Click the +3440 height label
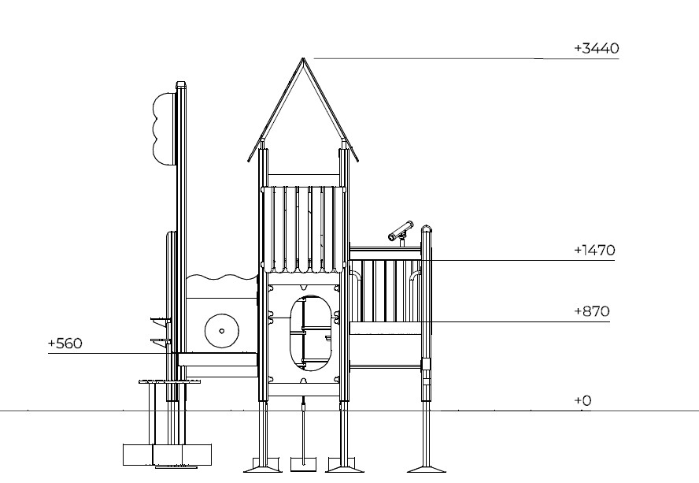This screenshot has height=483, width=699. point(597,48)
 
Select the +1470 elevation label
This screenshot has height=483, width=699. point(594,250)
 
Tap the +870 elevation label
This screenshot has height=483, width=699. point(592,311)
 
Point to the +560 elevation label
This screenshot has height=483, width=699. point(65,344)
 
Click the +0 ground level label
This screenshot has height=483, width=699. point(582,400)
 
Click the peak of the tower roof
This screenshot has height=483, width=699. point(303,58)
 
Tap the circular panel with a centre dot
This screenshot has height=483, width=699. point(221,331)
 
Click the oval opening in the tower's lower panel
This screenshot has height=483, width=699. point(311,333)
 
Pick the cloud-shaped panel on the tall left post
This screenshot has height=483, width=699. point(164,129)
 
